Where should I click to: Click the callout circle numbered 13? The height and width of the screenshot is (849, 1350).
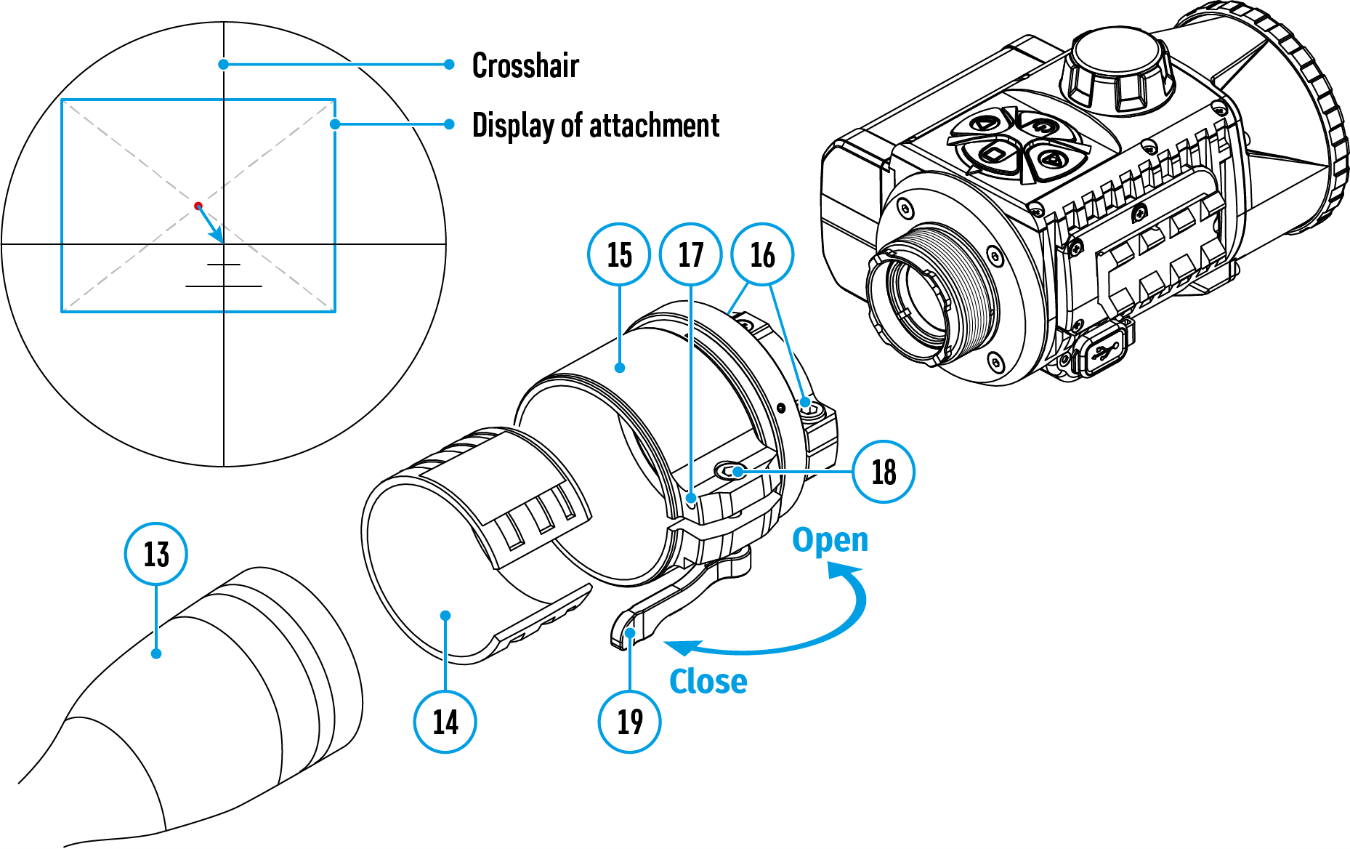(156, 554)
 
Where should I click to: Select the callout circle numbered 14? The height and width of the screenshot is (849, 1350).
(445, 722)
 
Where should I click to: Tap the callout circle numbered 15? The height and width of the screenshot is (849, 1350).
(619, 254)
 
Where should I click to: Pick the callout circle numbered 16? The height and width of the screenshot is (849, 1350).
(762, 254)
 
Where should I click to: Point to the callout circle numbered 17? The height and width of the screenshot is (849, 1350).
(690, 254)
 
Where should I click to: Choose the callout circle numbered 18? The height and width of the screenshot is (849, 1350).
(884, 472)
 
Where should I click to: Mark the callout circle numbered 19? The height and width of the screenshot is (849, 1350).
(629, 722)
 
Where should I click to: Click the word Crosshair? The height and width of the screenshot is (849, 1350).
(525, 65)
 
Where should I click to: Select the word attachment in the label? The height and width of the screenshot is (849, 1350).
(654, 126)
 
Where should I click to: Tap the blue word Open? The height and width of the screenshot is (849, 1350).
(830, 540)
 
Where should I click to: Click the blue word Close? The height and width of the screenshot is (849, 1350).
(708, 682)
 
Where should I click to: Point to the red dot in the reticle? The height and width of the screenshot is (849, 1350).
(198, 206)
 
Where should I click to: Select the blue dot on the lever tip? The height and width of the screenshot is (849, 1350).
(630, 633)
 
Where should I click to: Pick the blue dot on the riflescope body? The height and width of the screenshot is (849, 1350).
(156, 653)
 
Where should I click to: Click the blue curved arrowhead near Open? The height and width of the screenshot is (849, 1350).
(843, 574)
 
